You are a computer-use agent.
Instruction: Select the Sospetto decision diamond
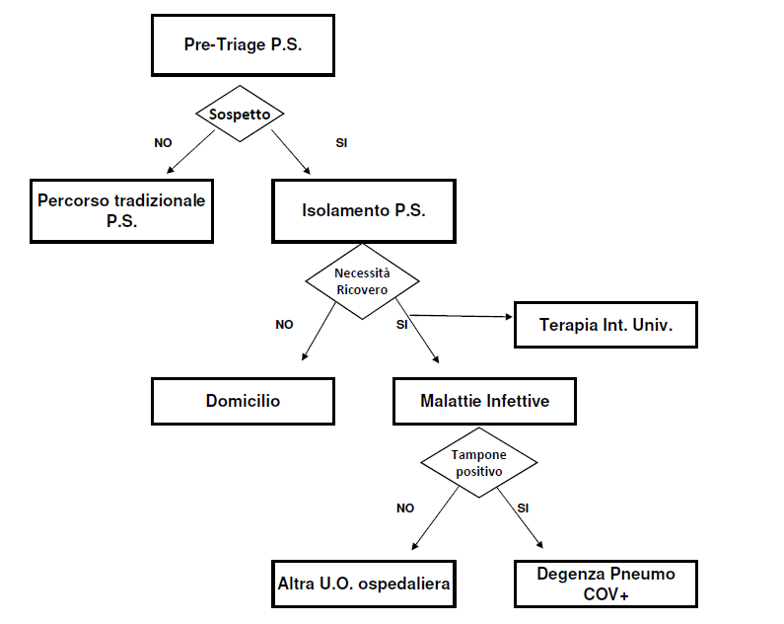[x=240, y=114]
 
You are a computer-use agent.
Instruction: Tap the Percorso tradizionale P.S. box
[x=121, y=210]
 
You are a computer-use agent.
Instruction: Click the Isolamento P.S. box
[x=363, y=210]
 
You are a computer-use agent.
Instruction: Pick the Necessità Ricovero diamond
[x=362, y=281]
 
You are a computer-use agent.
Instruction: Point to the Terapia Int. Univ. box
[x=606, y=324]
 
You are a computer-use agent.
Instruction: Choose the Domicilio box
[x=243, y=401]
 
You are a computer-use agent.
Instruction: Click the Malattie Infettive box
[x=484, y=401]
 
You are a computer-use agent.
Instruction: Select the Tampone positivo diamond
[x=478, y=463]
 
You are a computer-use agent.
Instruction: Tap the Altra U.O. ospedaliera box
[x=364, y=584]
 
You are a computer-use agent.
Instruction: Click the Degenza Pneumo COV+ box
[x=605, y=583]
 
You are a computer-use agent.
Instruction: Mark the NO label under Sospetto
[x=163, y=143]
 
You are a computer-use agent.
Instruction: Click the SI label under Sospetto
[x=341, y=143]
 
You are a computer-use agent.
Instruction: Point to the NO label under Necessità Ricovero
[x=284, y=325]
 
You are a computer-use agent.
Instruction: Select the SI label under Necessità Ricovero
[x=401, y=325]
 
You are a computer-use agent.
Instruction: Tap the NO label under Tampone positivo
[x=405, y=508]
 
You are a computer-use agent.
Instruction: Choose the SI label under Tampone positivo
[x=523, y=508]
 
